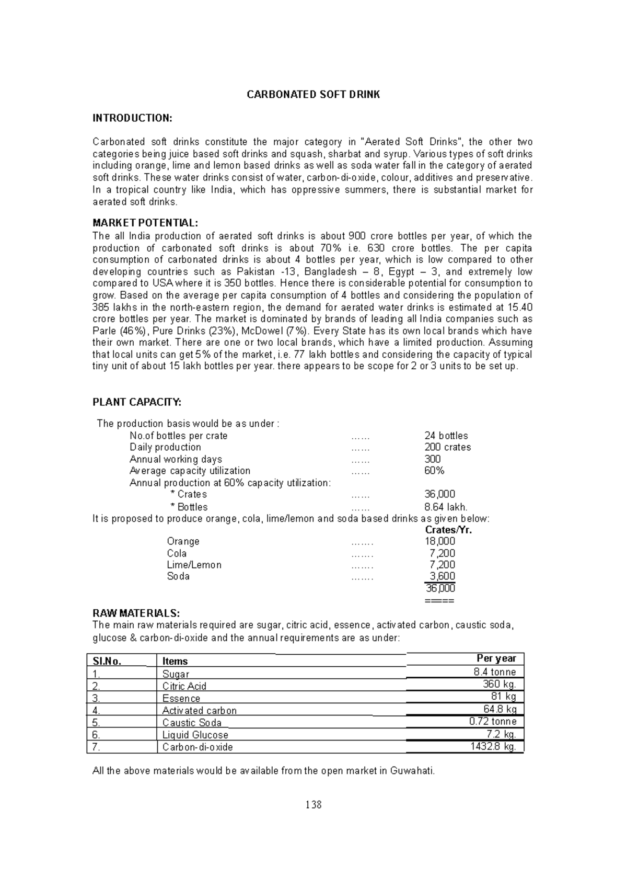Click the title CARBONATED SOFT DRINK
point(313,95)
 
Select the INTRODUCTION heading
point(132,118)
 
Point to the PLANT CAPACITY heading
point(137,402)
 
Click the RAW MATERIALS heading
point(136,613)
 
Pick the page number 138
point(313,805)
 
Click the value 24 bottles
point(446,436)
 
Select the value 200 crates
point(447,447)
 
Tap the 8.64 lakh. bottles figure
point(446,507)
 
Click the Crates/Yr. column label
point(448,530)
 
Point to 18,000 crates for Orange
point(440,541)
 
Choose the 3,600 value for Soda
point(442,576)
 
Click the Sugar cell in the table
point(176,674)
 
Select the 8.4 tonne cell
point(495,672)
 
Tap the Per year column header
point(496,658)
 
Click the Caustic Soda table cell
point(192,723)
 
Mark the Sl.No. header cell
point(107,661)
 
